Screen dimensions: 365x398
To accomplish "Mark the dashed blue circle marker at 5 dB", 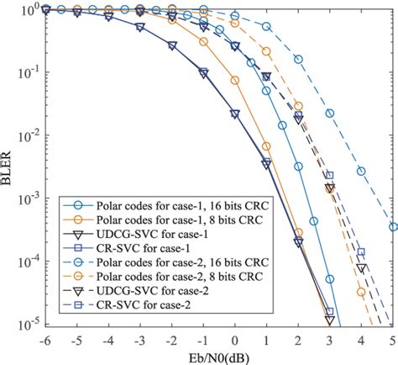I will click(393, 226).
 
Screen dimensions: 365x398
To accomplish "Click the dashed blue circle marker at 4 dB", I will click(361, 171).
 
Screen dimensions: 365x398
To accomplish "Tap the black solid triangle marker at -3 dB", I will click(140, 27).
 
